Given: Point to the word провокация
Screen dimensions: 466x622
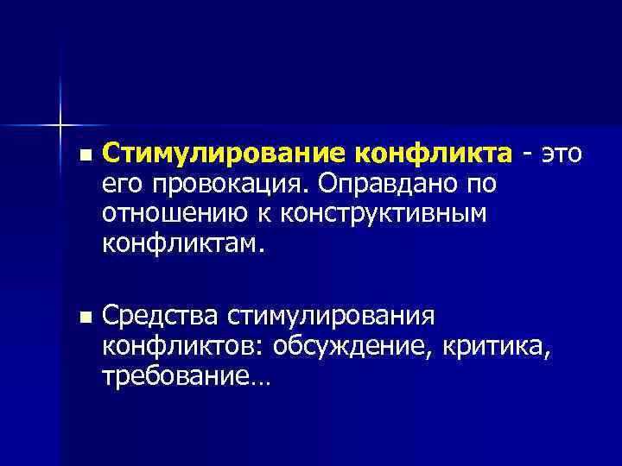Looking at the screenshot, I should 229,185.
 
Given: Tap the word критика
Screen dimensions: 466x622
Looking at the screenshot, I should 495,347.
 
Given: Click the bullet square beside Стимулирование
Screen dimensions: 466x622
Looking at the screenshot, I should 82,155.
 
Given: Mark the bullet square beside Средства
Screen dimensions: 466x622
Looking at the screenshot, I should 82,318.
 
